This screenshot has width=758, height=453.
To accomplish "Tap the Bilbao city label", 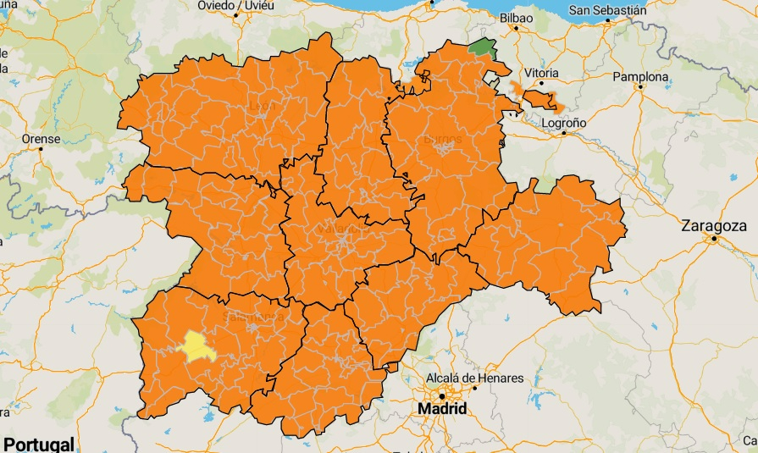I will click(x=516, y=17).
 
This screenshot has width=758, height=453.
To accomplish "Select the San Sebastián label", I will click(x=607, y=11).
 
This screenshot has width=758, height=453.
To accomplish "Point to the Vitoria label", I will click(x=541, y=73).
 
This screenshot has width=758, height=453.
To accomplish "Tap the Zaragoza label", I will click(x=715, y=226).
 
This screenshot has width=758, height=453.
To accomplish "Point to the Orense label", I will click(x=40, y=138).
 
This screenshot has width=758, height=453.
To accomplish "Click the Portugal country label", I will click(x=38, y=444).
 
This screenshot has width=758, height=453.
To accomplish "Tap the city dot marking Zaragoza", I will click(x=715, y=239).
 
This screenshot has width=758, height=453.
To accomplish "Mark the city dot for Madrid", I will click(x=441, y=395).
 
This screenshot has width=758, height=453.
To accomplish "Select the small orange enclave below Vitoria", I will click(x=543, y=100).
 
